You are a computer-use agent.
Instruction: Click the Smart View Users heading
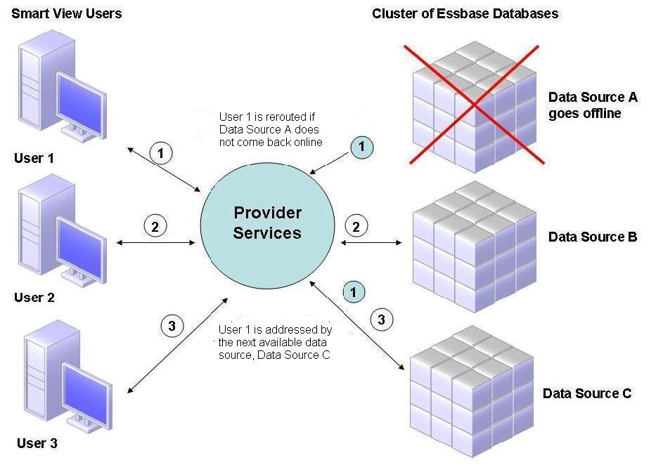(67, 13)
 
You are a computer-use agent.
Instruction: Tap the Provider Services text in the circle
(267, 223)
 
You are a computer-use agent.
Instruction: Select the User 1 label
(34, 158)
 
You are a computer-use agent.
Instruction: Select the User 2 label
(34, 297)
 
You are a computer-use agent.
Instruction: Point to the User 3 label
(37, 443)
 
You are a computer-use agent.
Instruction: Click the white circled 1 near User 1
(162, 152)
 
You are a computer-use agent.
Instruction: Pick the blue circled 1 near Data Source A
(361, 146)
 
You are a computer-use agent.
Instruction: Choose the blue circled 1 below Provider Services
(354, 291)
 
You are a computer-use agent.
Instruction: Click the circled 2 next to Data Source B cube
(356, 226)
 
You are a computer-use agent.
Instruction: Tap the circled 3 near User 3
(172, 325)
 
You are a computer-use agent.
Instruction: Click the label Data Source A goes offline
(592, 105)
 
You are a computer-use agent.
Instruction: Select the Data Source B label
(592, 237)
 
